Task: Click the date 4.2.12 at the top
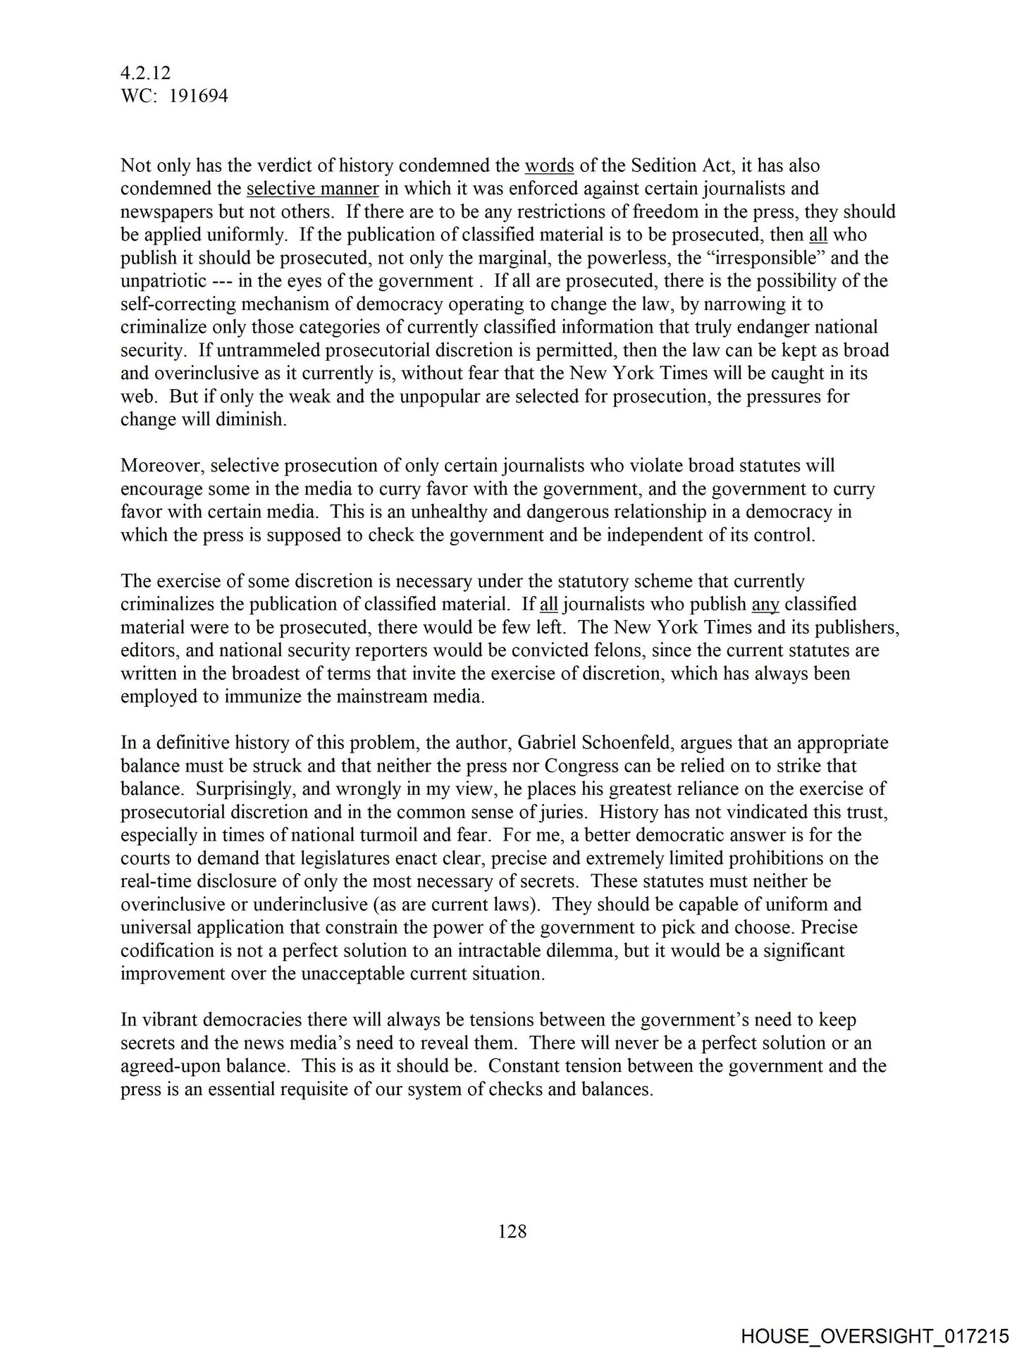(x=146, y=73)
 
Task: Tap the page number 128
(x=512, y=1231)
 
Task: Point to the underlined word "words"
(x=550, y=166)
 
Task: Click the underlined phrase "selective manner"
(x=313, y=189)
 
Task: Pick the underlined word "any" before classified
(x=765, y=604)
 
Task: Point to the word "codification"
(x=166, y=950)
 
